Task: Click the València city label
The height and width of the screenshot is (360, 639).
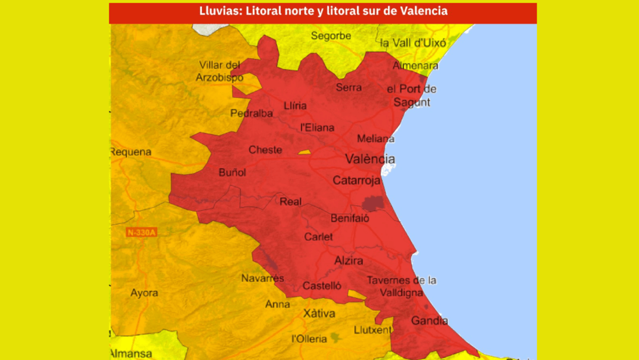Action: [x=370, y=159]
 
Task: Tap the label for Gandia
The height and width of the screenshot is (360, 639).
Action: [x=429, y=321]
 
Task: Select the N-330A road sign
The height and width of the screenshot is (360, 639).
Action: [x=141, y=232]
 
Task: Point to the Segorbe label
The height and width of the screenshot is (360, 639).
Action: [x=331, y=36]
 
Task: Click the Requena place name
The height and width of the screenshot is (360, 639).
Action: [x=131, y=152]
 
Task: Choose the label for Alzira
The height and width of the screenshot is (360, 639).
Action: [x=349, y=261]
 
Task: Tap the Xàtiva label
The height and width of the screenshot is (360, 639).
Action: [x=319, y=313]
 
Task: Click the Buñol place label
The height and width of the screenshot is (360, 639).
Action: [x=232, y=172]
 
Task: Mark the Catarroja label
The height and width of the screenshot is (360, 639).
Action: [x=357, y=181]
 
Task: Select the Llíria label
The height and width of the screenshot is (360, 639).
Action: [x=295, y=106]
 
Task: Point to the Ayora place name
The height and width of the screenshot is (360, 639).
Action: [x=144, y=293]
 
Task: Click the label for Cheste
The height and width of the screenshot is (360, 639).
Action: [x=265, y=150]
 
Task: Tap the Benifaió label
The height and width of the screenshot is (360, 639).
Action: [x=350, y=219]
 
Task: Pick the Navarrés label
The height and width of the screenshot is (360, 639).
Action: [x=262, y=278]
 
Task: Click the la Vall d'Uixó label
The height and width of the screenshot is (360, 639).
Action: [x=412, y=43]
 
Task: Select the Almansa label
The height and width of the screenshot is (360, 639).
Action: [x=130, y=354]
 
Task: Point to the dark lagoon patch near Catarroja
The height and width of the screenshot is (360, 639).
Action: [x=371, y=203]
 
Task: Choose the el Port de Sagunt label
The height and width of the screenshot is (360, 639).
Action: [x=412, y=95]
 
